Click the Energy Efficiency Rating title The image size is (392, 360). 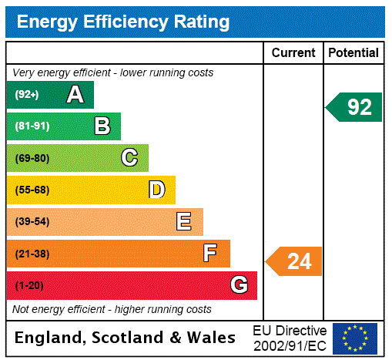click(x=123, y=22)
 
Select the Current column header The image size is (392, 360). click(x=293, y=53)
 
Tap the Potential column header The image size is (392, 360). click(x=353, y=53)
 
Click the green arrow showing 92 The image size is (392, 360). click(x=355, y=107)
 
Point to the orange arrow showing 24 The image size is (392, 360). click(x=295, y=261)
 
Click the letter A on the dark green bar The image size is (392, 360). click(x=75, y=95)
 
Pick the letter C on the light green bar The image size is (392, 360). click(x=129, y=158)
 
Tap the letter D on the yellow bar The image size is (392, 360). click(x=156, y=190)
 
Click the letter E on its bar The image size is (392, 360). click(x=184, y=222)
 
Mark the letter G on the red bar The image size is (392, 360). click(x=239, y=285)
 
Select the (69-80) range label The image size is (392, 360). click(x=32, y=158)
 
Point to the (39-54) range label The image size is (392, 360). click(x=32, y=222)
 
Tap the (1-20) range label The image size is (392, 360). click(x=29, y=286)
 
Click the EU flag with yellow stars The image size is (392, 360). click(x=355, y=338)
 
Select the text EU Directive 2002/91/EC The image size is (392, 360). click(x=290, y=337)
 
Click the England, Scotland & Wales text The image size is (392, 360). click(x=126, y=338)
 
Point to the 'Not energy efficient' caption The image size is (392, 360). click(x=112, y=309)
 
